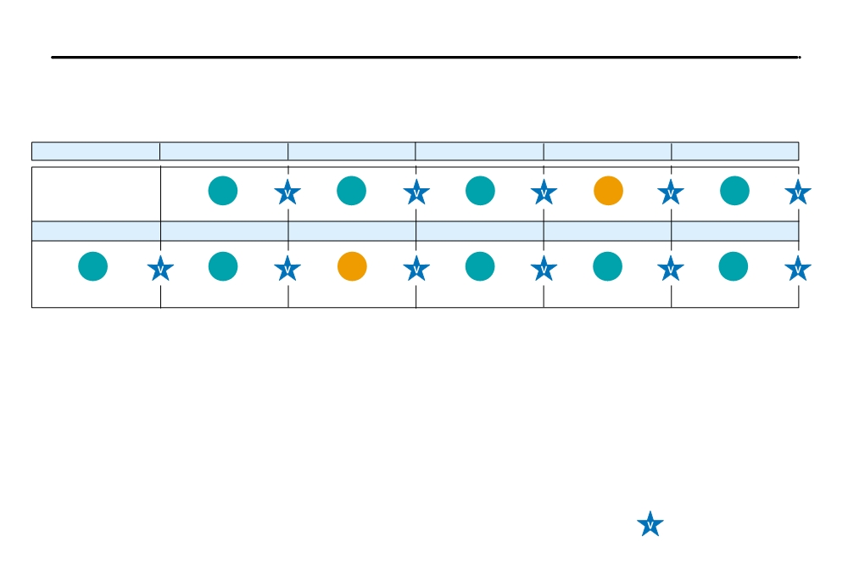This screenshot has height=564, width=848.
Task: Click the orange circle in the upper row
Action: pyautogui.click(x=608, y=191)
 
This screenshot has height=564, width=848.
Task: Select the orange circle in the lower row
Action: pyautogui.click(x=352, y=266)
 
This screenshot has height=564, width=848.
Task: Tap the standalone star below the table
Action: pyautogui.click(x=650, y=524)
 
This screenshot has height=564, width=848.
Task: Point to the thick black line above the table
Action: pyautogui.click(x=426, y=57)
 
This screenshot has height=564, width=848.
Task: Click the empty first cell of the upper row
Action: pyautogui.click(x=97, y=194)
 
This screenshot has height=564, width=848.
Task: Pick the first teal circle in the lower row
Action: pyautogui.click(x=93, y=266)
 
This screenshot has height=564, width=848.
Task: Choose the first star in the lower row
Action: pyautogui.click(x=160, y=269)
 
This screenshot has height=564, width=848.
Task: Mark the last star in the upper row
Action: pyautogui.click(x=798, y=193)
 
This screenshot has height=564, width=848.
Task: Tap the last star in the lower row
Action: pyautogui.click(x=798, y=269)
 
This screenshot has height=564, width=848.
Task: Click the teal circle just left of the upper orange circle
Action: pyautogui.click(x=480, y=191)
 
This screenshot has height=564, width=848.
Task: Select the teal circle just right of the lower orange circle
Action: pyautogui.click(x=480, y=266)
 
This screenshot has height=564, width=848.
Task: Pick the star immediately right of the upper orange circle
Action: pyautogui.click(x=671, y=193)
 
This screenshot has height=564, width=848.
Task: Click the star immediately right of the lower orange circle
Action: pyautogui.click(x=416, y=269)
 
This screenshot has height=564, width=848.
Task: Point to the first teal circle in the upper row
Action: pyautogui.click(x=223, y=191)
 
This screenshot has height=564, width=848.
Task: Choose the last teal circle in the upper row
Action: pyautogui.click(x=734, y=191)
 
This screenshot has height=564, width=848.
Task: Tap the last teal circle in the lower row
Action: pyautogui.click(x=734, y=266)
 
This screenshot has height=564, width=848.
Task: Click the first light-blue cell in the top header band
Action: pyautogui.click(x=96, y=152)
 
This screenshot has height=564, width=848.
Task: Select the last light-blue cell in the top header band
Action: pyautogui.click(x=735, y=152)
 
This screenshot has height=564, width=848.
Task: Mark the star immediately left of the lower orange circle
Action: pyautogui.click(x=287, y=269)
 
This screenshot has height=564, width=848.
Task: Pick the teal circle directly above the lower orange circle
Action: pyautogui.click(x=352, y=191)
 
